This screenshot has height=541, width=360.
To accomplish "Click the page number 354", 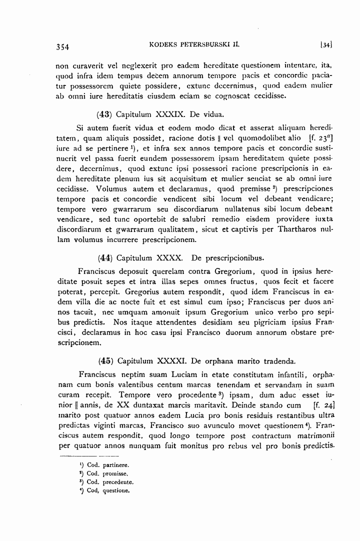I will (62, 47).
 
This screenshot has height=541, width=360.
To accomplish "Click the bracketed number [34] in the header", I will (327, 46).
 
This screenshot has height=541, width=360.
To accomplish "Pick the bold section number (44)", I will (105, 258).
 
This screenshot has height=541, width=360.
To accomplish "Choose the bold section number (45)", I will (105, 360).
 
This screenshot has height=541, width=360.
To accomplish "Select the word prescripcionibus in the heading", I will (232, 258).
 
